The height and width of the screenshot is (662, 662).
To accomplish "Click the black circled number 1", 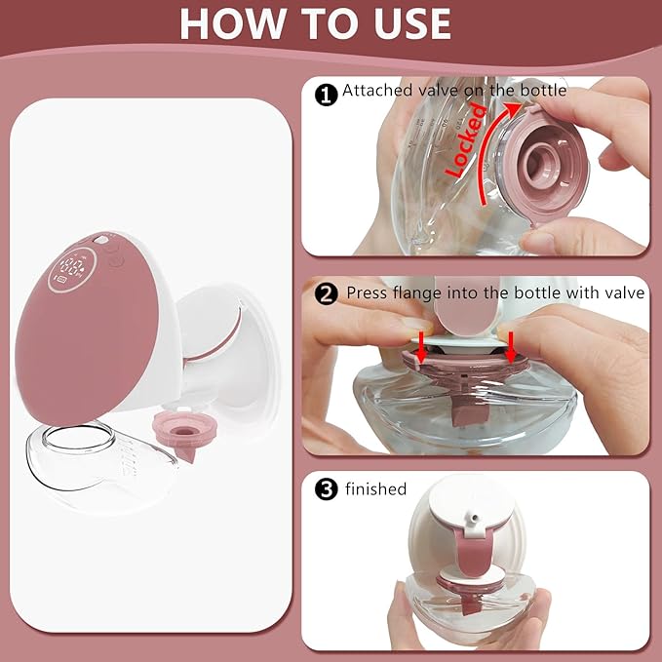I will pyautogui.click(x=328, y=94).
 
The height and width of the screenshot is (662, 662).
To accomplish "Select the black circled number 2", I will pyautogui.click(x=328, y=292).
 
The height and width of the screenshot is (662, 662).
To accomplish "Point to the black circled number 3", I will pyautogui.click(x=328, y=489).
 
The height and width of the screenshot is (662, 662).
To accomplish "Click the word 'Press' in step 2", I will pyautogui.click(x=367, y=292).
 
